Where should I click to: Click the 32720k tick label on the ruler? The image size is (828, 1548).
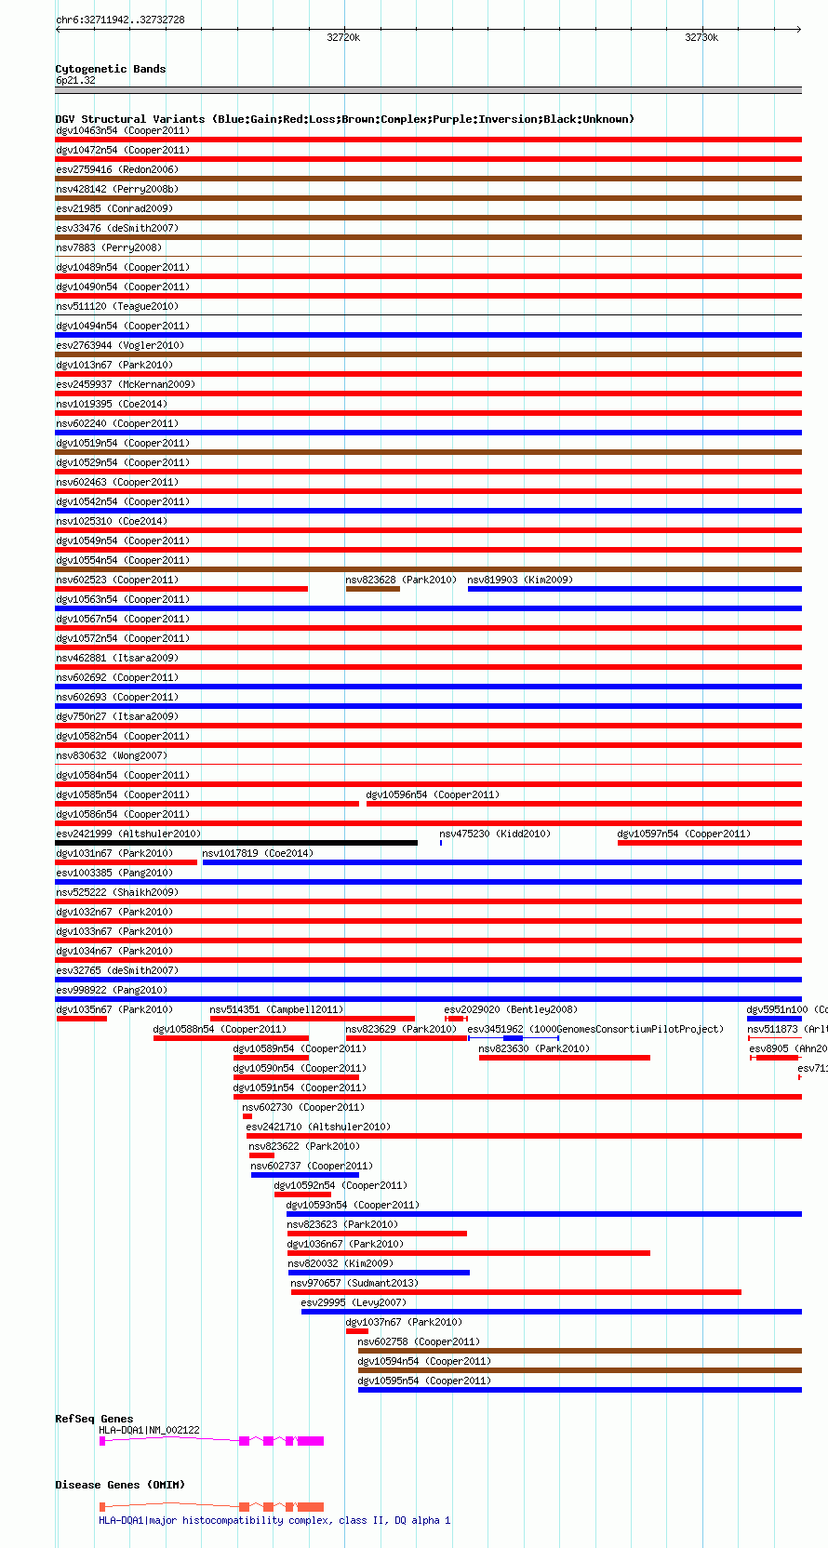343,37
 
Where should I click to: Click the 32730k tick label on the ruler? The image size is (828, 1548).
701,37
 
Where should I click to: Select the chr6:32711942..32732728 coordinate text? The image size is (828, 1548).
120,20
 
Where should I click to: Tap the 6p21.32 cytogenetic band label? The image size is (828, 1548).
75,81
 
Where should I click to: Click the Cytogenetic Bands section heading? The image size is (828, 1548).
110,69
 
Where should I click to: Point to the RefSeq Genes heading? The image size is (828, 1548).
94,1419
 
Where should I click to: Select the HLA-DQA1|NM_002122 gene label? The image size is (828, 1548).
149,1430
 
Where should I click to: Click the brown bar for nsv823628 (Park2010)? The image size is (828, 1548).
373,589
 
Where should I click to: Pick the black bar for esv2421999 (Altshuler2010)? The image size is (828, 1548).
236,843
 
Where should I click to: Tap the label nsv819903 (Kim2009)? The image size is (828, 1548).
520,580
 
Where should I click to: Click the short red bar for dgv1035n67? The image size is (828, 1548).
82,1019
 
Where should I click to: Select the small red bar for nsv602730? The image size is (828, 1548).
247,1116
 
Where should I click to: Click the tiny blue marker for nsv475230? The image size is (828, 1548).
441,843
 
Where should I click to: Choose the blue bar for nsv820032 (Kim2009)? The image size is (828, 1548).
379,1273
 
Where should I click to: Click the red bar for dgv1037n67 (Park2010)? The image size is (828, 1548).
357,1331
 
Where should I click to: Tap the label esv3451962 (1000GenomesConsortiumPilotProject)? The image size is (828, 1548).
595,1029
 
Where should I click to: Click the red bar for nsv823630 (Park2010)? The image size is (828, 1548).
565,1058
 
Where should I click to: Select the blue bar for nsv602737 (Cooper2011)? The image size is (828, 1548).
305,1175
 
